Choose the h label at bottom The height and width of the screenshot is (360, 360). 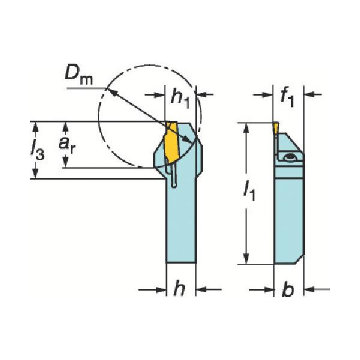(179, 289)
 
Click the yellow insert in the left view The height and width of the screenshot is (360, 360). (170, 144)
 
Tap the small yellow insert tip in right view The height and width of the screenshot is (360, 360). (274, 128)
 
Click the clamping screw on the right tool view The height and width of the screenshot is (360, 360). (290, 157)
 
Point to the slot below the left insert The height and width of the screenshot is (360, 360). (174, 179)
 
